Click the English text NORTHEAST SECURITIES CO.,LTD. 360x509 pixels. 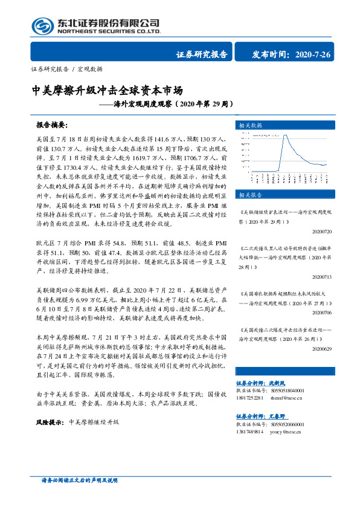(x=108, y=31)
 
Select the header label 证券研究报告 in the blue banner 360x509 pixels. (x=202, y=54)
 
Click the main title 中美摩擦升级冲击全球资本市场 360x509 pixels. (x=107, y=91)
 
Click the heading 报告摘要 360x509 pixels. (x=51, y=125)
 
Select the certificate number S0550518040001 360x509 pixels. (x=284, y=391)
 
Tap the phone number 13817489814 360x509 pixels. (x=248, y=432)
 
